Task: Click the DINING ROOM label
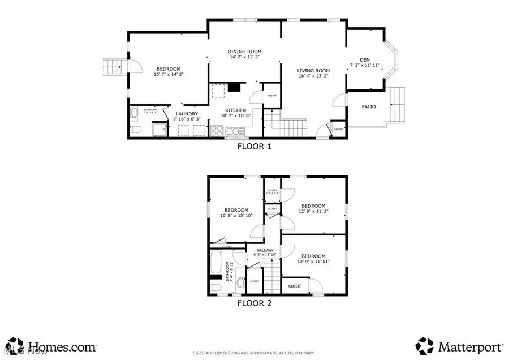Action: pyautogui.click(x=245, y=52)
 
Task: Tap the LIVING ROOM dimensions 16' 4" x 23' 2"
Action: pyautogui.click(x=313, y=75)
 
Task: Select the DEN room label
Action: pyautogui.click(x=364, y=60)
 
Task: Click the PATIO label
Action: pyautogui.click(x=369, y=106)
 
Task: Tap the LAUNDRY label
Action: pyautogui.click(x=186, y=114)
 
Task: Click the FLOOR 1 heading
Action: pyautogui.click(x=254, y=147)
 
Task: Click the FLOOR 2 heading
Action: pyautogui.click(x=254, y=303)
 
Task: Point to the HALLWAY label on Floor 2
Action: pyautogui.click(x=265, y=250)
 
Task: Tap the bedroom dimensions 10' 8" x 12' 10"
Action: pyautogui.click(x=236, y=215)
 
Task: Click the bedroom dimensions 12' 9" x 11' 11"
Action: pyautogui.click(x=313, y=262)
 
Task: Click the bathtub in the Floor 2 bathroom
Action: pyautogui.click(x=216, y=263)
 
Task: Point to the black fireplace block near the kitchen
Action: pyautogui.click(x=234, y=88)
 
